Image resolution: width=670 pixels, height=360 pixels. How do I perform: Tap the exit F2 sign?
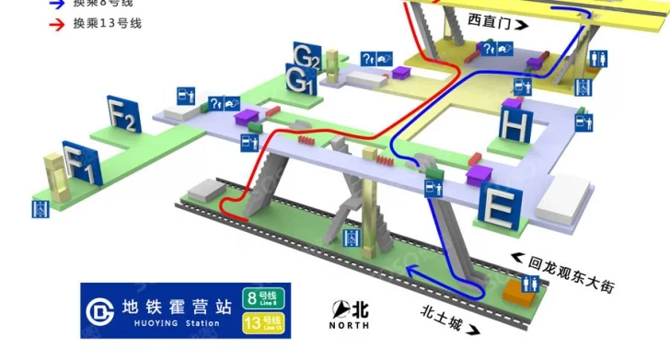tap(123, 116)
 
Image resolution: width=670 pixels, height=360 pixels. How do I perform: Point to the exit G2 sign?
tap(306, 56)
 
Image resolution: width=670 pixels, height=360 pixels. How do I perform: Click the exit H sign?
tap(515, 122)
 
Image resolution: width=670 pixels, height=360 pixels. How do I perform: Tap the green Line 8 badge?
tap(264, 299)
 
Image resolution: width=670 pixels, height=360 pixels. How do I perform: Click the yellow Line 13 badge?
tap(264, 323)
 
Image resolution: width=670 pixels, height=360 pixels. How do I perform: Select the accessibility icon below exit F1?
tap(40, 210)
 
